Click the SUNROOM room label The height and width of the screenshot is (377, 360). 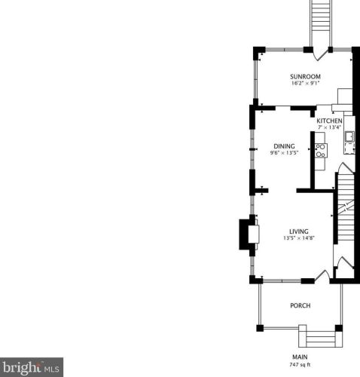point(305,77)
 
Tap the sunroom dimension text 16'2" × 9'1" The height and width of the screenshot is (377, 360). point(305,83)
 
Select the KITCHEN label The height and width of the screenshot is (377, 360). point(329,121)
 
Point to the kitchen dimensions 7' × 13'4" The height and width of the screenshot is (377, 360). point(329,127)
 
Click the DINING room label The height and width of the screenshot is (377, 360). point(284,146)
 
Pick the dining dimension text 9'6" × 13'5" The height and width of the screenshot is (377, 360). point(284,153)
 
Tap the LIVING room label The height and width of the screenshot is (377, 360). point(299,231)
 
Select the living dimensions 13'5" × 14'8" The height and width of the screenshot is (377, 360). point(299,238)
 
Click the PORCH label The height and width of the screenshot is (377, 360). point(301,305)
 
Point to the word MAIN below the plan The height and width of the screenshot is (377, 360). point(300,357)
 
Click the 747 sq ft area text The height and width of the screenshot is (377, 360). point(300,365)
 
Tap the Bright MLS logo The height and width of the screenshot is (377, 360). point(32,367)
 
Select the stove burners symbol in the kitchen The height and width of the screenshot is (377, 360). point(321,150)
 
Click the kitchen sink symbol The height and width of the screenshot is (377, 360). point(349,137)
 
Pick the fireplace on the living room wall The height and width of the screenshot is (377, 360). point(249,234)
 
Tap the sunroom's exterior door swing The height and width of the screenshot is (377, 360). point(320,54)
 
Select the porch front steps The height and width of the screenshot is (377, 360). point(321,336)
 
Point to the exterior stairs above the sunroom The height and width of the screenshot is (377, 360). point(321,23)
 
